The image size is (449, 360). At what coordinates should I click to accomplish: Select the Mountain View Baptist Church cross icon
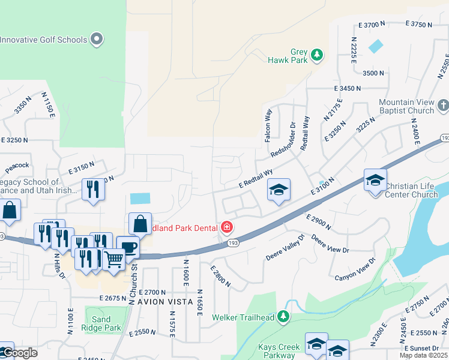pos(443,106)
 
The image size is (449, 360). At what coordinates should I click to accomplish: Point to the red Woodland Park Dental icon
pos(227,227)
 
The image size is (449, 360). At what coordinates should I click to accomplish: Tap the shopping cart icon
pos(113,259)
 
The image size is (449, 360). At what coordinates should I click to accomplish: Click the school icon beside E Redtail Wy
pos(279,190)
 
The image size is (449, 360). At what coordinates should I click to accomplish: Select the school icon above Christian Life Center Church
pos(375,179)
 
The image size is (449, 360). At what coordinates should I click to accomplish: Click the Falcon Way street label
pos(268,125)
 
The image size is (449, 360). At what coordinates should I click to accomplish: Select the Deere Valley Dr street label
pos(286,248)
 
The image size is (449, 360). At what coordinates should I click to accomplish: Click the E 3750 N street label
pos(419,24)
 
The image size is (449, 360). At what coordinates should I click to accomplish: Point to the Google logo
pos(19,353)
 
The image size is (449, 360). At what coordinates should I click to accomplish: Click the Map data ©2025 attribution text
pos(423,356)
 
